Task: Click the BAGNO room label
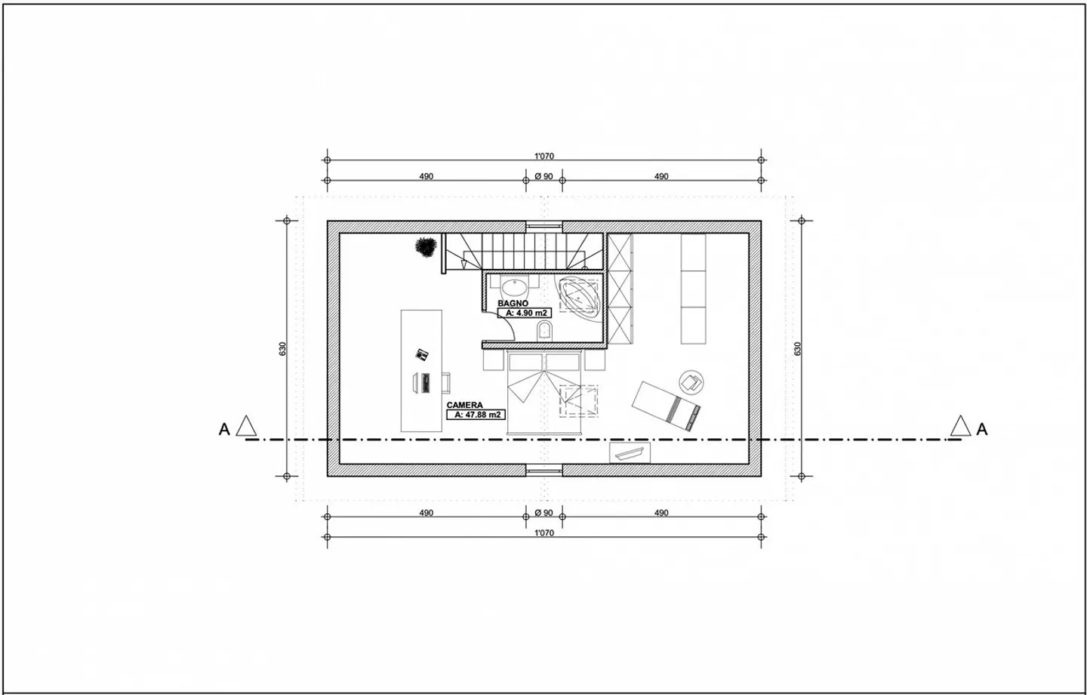(513, 303)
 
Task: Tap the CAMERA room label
(464, 406)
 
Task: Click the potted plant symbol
(426, 247)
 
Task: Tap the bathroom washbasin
(516, 288)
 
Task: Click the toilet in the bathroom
(543, 330)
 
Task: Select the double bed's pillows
(544, 361)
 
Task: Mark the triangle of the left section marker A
(246, 427)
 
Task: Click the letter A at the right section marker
(982, 429)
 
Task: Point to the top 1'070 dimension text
(544, 156)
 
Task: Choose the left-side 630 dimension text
(282, 348)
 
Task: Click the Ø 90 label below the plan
(543, 513)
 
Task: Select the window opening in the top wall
(544, 226)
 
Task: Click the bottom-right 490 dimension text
(661, 513)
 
